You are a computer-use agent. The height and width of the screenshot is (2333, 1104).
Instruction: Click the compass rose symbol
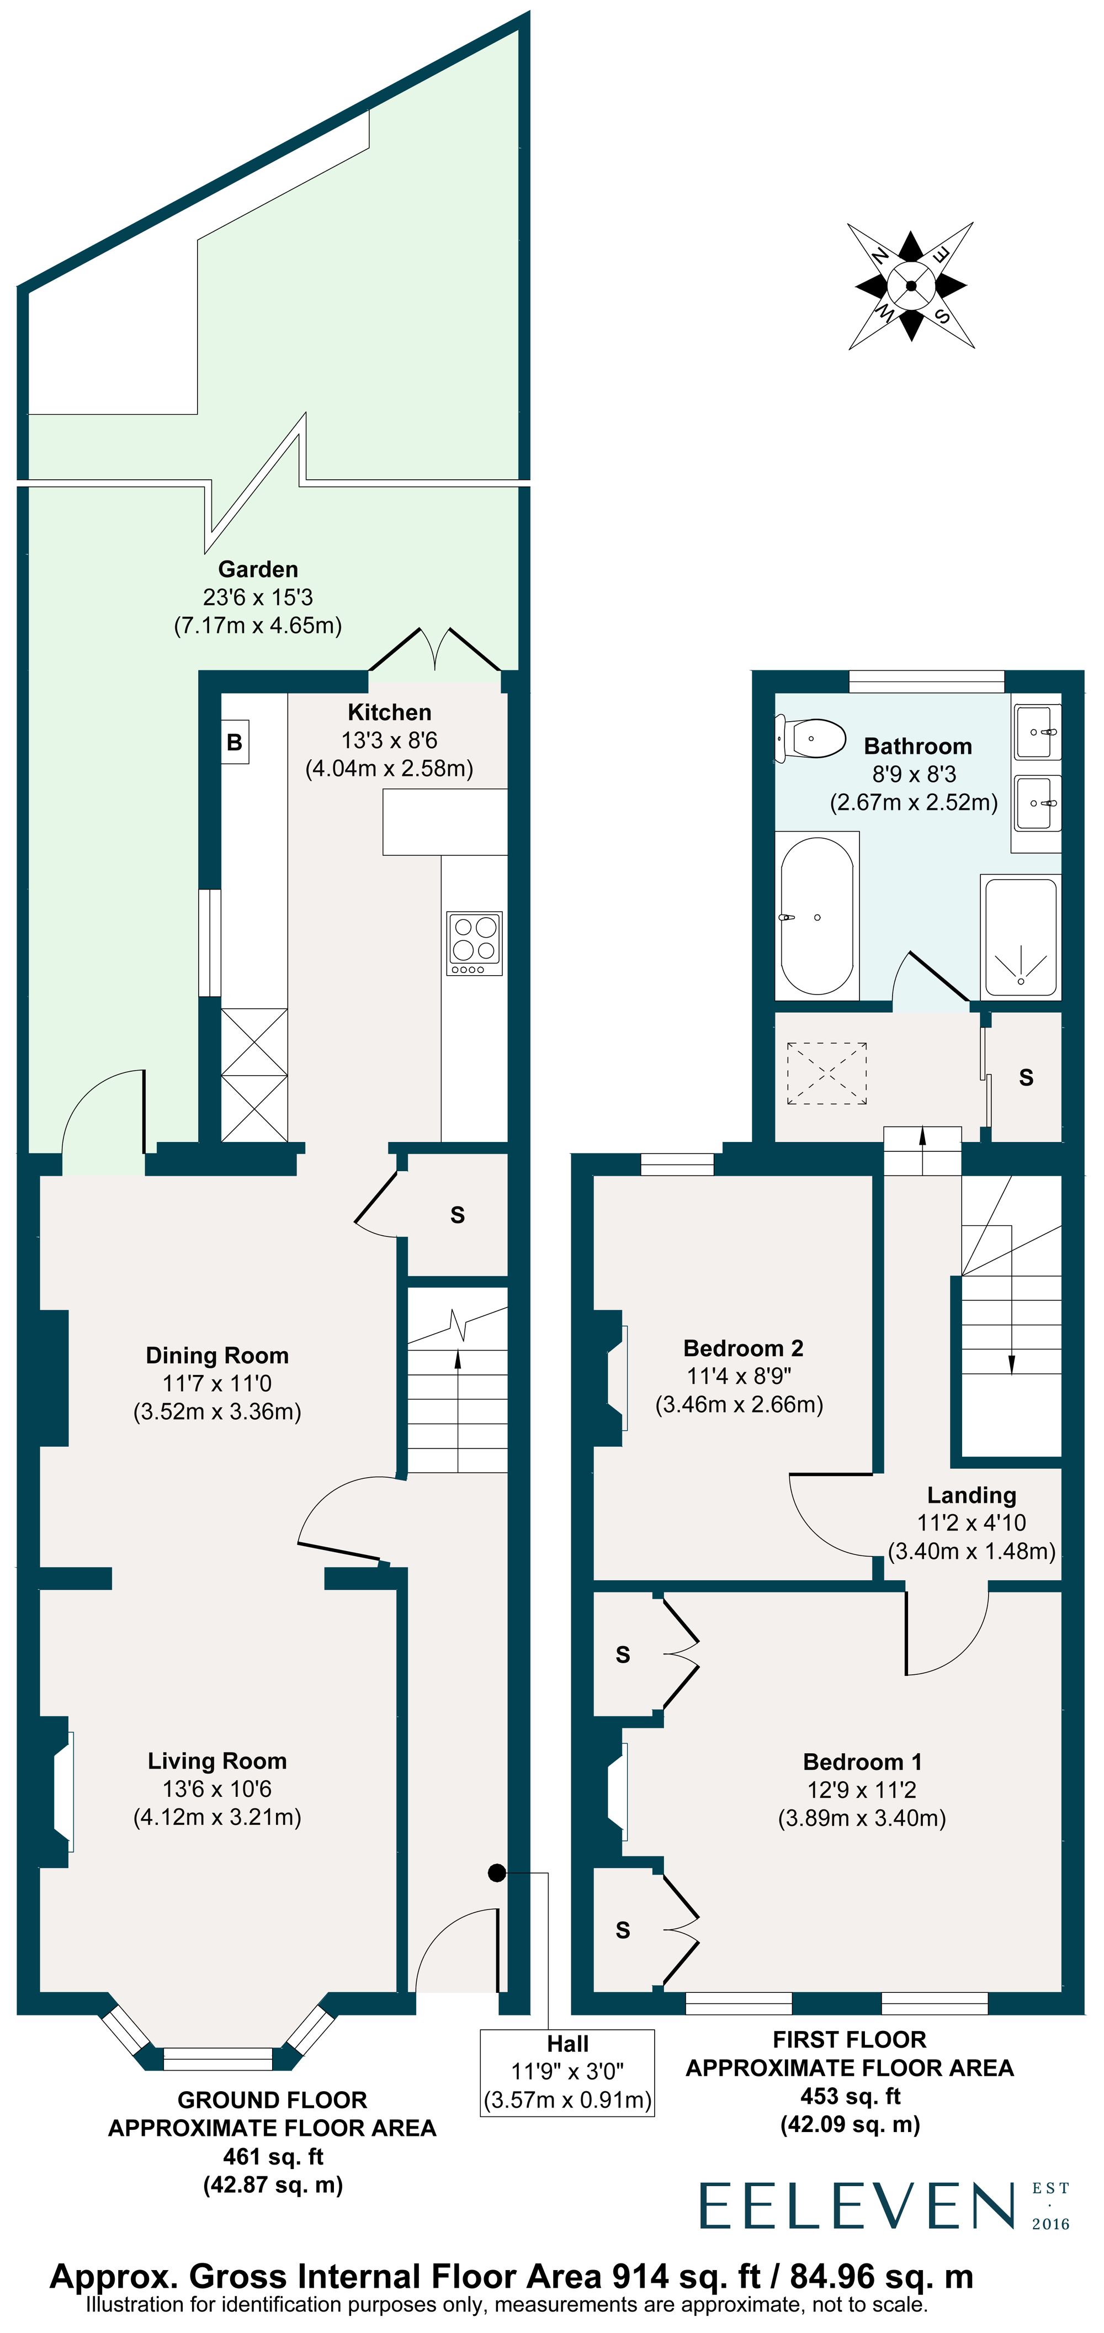(911, 286)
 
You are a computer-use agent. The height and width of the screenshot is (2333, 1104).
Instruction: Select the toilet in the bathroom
(810, 738)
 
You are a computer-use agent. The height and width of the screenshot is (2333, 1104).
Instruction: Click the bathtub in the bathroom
(817, 916)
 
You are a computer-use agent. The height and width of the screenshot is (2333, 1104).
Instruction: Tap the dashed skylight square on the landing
(827, 1073)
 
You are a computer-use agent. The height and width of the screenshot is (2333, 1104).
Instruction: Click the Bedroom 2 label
(742, 1348)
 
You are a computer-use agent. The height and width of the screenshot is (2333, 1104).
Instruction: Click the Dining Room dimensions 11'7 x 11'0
(217, 1383)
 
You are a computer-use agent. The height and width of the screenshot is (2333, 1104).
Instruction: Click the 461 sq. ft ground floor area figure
(273, 2156)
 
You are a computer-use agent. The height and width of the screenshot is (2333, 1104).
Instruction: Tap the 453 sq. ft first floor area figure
(851, 2096)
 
